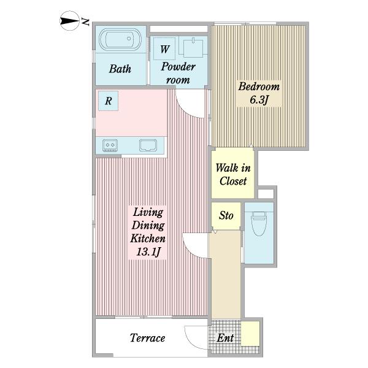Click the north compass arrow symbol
pyautogui.click(x=70, y=21)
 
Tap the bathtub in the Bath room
pyautogui.click(x=120, y=39)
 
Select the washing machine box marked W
pyautogui.click(x=164, y=48)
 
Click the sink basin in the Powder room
pyautogui.click(x=193, y=48)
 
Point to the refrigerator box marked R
pyautogui.click(x=108, y=101)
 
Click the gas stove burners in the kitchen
pyautogui.click(x=110, y=145)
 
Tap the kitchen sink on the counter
pyautogui.click(x=148, y=145)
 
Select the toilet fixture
pyautogui.click(x=259, y=223)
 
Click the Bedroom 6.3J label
pyautogui.click(x=259, y=93)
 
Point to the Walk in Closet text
pyautogui.click(x=233, y=174)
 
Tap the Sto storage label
pyautogui.click(x=226, y=215)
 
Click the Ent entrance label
pyautogui.click(x=225, y=338)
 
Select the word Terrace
pyautogui.click(x=147, y=338)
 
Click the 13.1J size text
pyautogui.click(x=148, y=252)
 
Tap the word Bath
pyautogui.click(x=120, y=69)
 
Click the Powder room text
pyautogui.click(x=178, y=73)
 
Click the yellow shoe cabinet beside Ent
pyautogui.click(x=250, y=334)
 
